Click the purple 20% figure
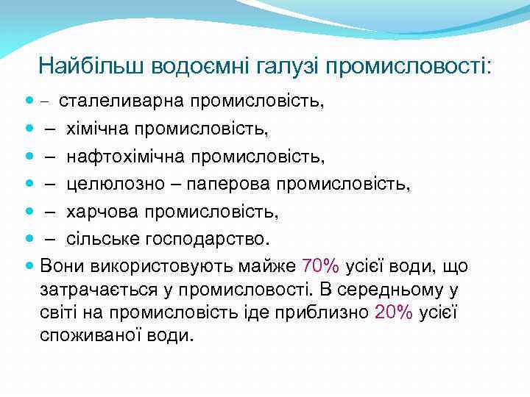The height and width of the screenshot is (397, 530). [x=394, y=312]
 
